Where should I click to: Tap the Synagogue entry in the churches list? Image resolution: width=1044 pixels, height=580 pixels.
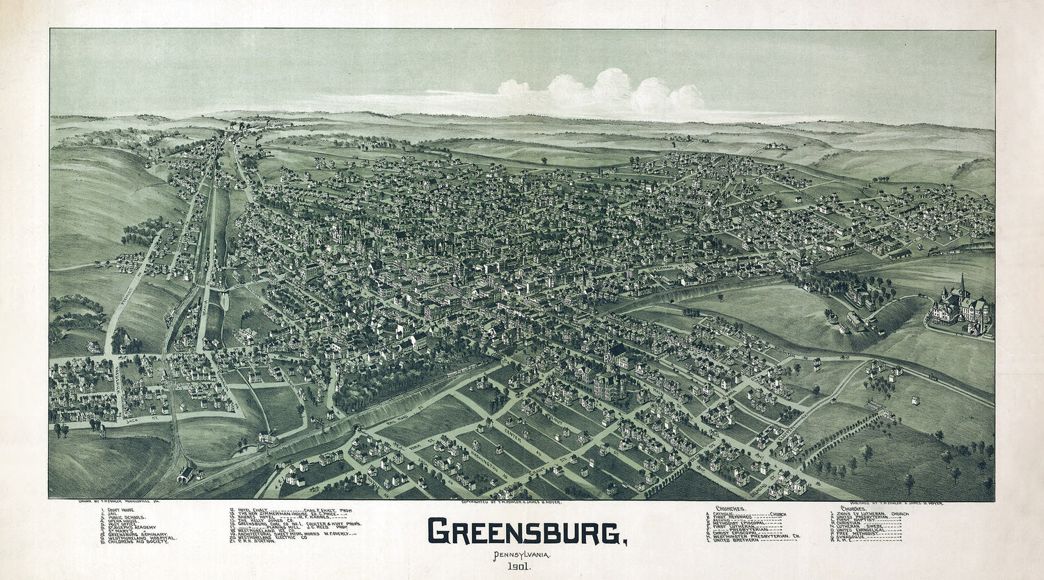click(863, 538)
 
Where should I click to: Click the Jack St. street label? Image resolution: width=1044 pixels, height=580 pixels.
click(132, 420)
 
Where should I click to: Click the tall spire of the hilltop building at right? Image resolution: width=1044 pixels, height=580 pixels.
click(962, 284)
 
